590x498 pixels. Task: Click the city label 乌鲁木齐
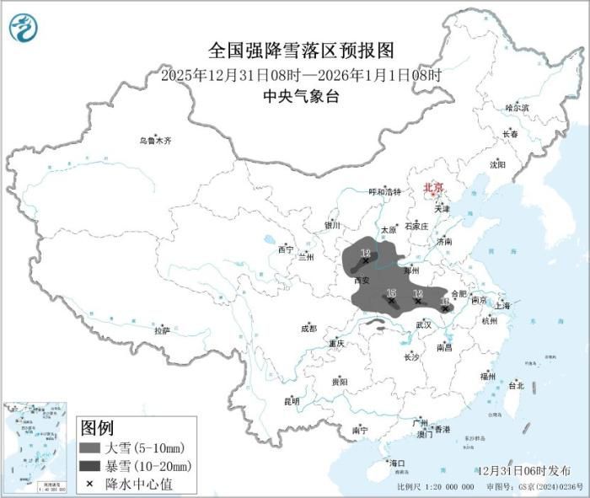(x=155, y=141)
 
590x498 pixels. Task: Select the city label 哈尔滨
(x=517, y=108)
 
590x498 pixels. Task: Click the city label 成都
(x=308, y=328)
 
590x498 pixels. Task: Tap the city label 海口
(x=397, y=463)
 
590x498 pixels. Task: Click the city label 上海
(x=502, y=306)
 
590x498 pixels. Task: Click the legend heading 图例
(x=96, y=427)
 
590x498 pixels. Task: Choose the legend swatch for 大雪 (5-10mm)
(x=90, y=447)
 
